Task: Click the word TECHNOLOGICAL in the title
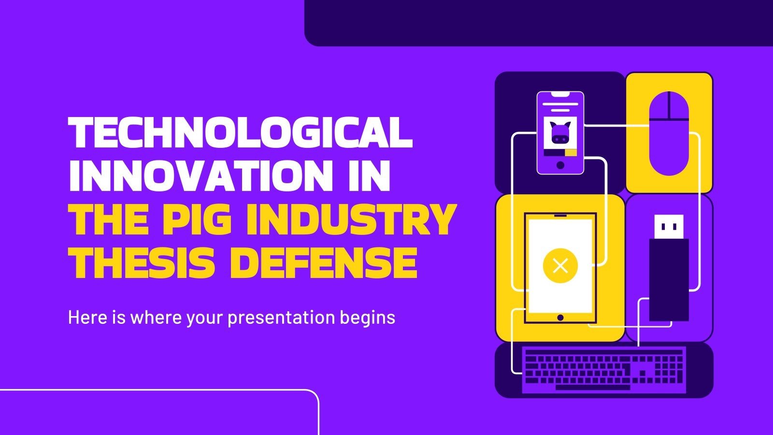[240, 132]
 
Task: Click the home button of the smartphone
[560, 165]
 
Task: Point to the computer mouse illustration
[669, 133]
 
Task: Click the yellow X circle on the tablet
[560, 265]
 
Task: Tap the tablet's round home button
[560, 318]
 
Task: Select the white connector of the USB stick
[669, 227]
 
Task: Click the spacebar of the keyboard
[593, 387]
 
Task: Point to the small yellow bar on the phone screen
[571, 153]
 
